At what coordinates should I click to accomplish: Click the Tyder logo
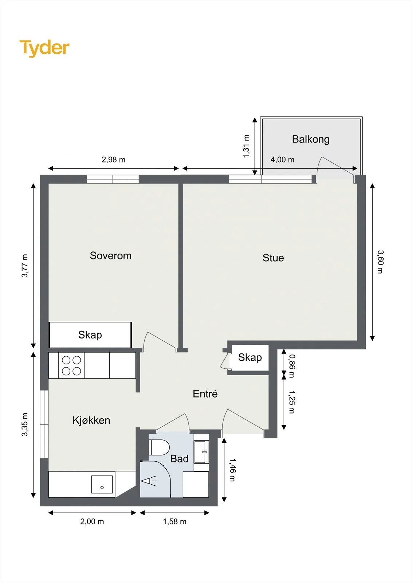click(x=44, y=48)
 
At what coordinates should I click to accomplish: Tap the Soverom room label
click(x=111, y=255)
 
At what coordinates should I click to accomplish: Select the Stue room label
click(x=273, y=258)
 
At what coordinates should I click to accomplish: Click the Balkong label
click(x=311, y=139)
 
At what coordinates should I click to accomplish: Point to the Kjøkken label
click(x=91, y=420)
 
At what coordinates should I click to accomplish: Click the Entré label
click(x=205, y=394)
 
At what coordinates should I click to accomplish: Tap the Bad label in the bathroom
click(x=179, y=458)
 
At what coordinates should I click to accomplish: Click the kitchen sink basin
click(x=102, y=484)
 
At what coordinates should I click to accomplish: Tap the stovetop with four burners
click(x=71, y=365)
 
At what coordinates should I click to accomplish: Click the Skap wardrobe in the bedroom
click(x=90, y=335)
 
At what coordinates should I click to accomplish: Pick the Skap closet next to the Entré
click(x=249, y=357)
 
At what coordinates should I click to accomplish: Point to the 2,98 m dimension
click(x=114, y=160)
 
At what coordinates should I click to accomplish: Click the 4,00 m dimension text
click(x=282, y=160)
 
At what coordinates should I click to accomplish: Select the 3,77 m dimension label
click(x=25, y=266)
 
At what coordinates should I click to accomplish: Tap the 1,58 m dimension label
click(x=174, y=521)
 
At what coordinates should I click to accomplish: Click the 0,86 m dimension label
click(x=292, y=366)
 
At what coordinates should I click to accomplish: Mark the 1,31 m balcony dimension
click(x=246, y=146)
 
